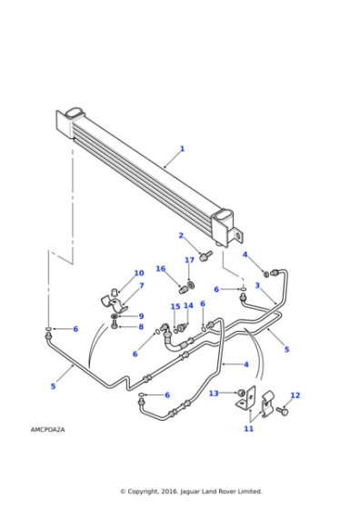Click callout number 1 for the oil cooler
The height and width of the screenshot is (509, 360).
point(182,148)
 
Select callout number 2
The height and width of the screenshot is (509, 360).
point(181,235)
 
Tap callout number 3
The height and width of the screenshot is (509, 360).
point(257,285)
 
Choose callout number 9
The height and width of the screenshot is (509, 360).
point(141,315)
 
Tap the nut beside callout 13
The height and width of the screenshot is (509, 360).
point(242,394)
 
